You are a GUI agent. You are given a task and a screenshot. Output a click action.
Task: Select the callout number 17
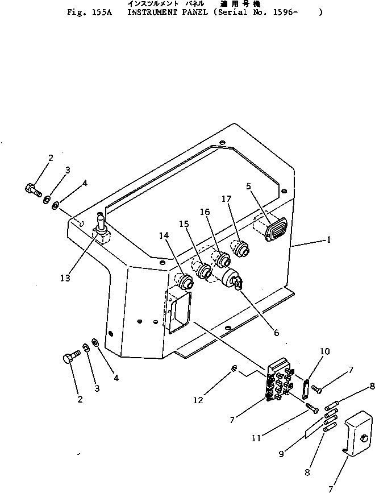[x=226, y=198]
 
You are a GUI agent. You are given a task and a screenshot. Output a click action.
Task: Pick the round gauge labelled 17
[x=240, y=248]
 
